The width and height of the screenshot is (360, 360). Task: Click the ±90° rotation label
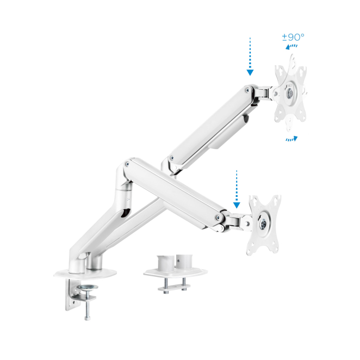(x=293, y=37)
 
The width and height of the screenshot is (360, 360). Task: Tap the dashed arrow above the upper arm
(x=250, y=57)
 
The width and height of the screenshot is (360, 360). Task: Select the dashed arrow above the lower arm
(x=237, y=189)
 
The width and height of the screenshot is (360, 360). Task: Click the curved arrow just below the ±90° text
(x=291, y=47)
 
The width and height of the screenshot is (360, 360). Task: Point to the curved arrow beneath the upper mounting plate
(x=292, y=139)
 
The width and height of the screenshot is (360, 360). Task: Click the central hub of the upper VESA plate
(x=290, y=93)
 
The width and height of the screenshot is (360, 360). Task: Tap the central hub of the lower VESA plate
(x=263, y=223)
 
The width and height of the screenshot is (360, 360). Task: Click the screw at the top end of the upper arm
(x=247, y=90)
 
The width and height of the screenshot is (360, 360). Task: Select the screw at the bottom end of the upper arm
(x=172, y=158)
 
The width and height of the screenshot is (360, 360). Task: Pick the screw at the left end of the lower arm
(x=127, y=164)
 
